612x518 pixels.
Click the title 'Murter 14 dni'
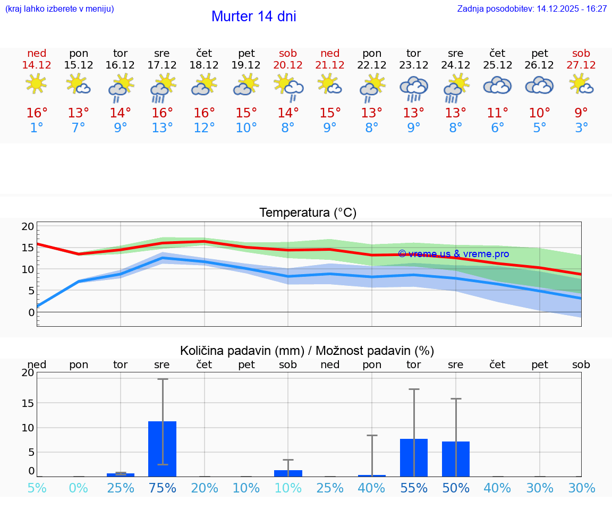pyautogui.click(x=253, y=16)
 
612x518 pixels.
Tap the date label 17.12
pyautogui.click(x=162, y=65)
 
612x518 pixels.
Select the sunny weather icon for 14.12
pyautogui.click(x=36, y=84)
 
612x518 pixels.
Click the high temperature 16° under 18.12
pyautogui.click(x=204, y=113)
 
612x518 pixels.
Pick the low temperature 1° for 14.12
pyautogui.click(x=36, y=128)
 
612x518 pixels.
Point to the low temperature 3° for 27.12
pyautogui.click(x=581, y=128)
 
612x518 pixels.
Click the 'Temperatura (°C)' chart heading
pyautogui.click(x=308, y=213)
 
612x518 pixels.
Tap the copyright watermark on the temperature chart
pyautogui.click(x=453, y=254)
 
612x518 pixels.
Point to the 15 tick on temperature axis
pyautogui.click(x=28, y=248)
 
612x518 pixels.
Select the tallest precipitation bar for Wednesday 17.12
pyautogui.click(x=163, y=449)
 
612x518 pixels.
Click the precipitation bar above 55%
pyautogui.click(x=414, y=457)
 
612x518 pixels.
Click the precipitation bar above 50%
pyautogui.click(x=456, y=459)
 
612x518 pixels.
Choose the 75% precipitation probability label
pyautogui.click(x=163, y=488)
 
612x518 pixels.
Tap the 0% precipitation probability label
pyautogui.click(x=78, y=488)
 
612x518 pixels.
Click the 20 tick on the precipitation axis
pyautogui.click(x=28, y=373)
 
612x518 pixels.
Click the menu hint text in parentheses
pyautogui.click(x=59, y=9)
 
